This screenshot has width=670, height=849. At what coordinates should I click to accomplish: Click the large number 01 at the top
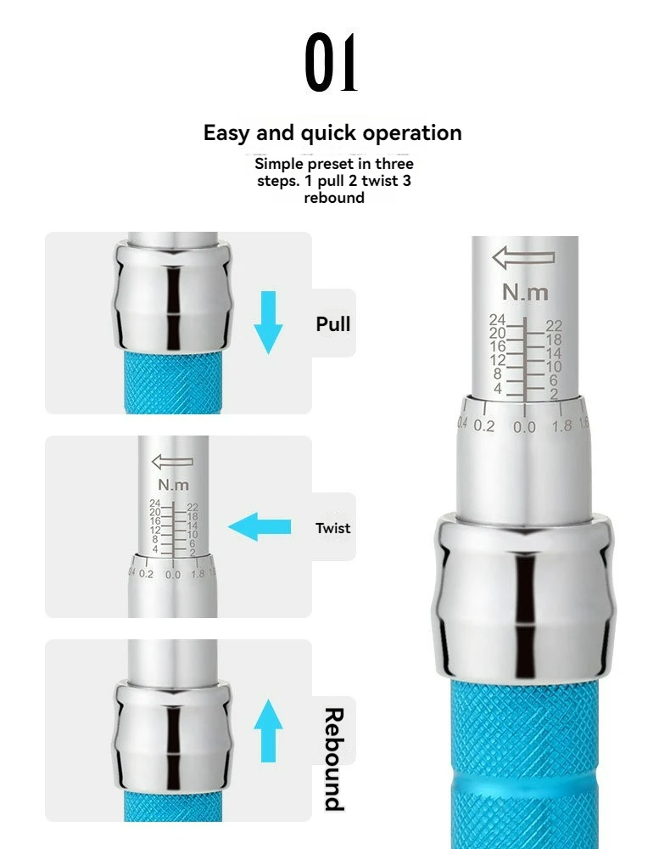coord(331,62)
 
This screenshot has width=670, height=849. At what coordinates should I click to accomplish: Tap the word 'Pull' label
coord(333,323)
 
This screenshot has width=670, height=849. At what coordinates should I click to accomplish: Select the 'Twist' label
coord(332,528)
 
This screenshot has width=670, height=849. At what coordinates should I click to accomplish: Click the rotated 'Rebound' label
coord(334,759)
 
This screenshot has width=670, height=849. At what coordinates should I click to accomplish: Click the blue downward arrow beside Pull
coord(268,323)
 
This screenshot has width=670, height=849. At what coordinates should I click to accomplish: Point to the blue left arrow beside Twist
coord(260,527)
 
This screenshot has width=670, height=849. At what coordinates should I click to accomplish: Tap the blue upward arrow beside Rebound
coord(268,730)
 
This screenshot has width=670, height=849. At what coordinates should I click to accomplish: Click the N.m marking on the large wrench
coord(525,292)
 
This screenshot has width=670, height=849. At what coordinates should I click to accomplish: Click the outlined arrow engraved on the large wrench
coord(523,258)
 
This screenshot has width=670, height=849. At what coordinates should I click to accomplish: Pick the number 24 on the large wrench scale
coord(497,319)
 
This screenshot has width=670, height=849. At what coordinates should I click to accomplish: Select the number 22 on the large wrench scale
coord(554,325)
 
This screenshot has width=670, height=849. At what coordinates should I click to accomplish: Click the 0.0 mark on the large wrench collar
coord(524,427)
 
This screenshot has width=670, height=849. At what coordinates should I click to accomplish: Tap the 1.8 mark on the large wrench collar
coord(561,425)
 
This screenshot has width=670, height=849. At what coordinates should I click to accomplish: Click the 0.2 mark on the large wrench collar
coord(484,425)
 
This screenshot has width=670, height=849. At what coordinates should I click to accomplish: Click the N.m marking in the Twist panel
coord(174,485)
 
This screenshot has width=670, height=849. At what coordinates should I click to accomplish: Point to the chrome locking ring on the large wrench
coord(524,596)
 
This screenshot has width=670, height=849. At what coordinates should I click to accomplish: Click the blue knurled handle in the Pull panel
coord(173,382)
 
